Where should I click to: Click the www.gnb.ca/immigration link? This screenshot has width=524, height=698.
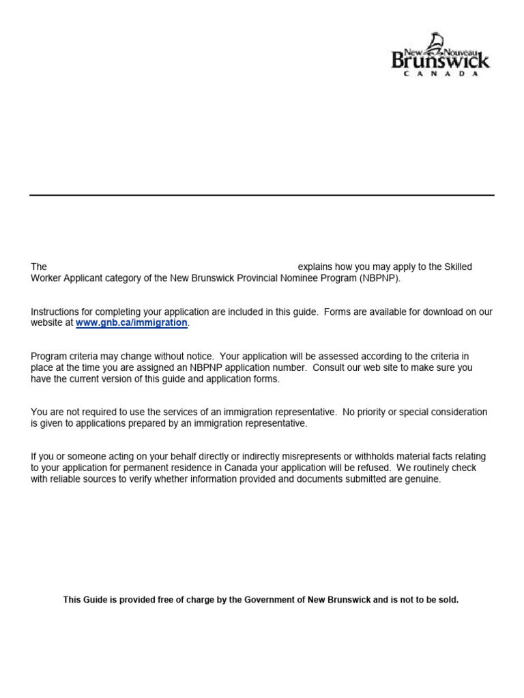(x=131, y=322)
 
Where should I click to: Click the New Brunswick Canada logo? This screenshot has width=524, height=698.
(x=440, y=55)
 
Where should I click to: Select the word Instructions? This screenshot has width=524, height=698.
(x=55, y=312)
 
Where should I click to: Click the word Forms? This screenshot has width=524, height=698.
(x=338, y=312)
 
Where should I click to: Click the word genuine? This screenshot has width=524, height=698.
(x=422, y=479)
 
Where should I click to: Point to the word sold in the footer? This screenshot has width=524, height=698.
(x=448, y=600)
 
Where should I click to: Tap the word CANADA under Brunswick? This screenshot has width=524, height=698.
(x=440, y=74)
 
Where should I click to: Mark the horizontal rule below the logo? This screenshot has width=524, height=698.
(x=262, y=196)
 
